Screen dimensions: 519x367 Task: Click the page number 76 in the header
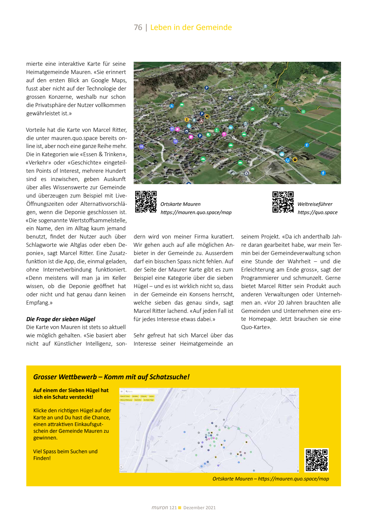click(x=138, y=28)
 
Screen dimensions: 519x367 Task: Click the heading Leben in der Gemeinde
click(x=191, y=28)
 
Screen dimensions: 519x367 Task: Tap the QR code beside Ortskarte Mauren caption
click(x=146, y=202)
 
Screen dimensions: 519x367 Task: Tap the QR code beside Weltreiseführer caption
click(x=283, y=202)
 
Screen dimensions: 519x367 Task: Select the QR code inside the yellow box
click(x=317, y=460)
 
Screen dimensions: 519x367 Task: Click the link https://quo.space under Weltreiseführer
click(x=317, y=213)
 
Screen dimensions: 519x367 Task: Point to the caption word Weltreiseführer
click(x=315, y=204)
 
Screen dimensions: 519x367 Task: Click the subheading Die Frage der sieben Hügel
click(x=61, y=319)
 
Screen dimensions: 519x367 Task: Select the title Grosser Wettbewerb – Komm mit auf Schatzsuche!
click(x=111, y=377)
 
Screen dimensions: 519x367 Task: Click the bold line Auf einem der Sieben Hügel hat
click(x=71, y=391)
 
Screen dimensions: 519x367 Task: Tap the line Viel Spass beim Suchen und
click(x=65, y=452)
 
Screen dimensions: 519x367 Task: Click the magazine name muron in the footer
click(x=160, y=508)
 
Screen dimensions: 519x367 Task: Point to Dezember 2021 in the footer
click(x=199, y=508)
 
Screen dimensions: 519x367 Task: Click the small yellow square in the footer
click(x=180, y=508)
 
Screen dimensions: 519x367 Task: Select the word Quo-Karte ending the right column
click(x=255, y=327)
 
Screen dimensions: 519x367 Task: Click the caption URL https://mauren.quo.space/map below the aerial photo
click(x=196, y=213)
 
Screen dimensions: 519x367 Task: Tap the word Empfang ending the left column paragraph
click(x=38, y=303)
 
